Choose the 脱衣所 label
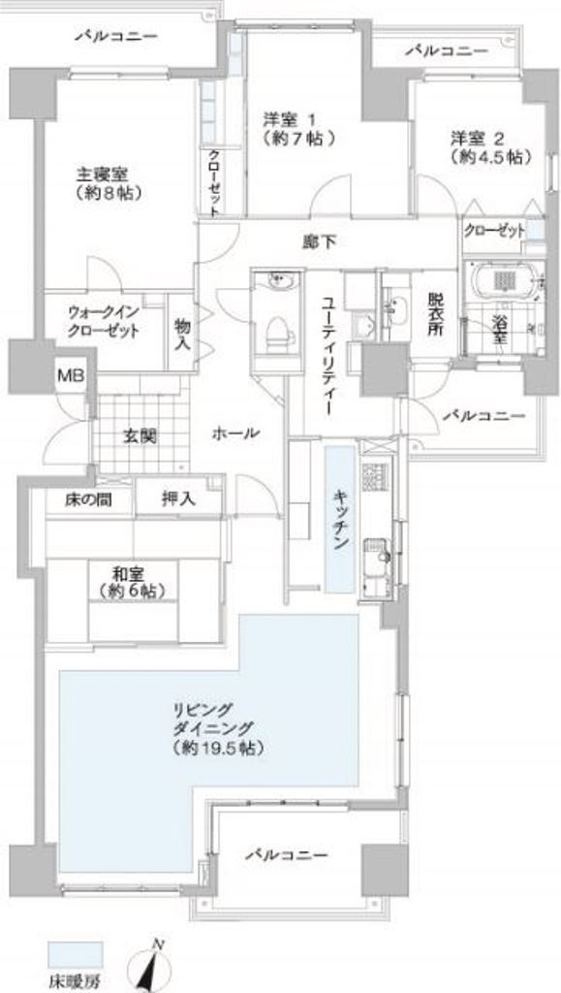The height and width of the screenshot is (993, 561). [x=434, y=314]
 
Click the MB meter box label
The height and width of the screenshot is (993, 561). [x=68, y=376]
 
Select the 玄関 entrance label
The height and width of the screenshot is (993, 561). [x=140, y=436]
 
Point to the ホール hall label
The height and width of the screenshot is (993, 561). [x=235, y=433]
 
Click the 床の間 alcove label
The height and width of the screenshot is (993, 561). [x=88, y=499]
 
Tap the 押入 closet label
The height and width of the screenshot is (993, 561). [x=178, y=499]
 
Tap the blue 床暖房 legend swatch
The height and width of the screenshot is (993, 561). [x=75, y=954]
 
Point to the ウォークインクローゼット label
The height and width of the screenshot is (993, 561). [x=103, y=322]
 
